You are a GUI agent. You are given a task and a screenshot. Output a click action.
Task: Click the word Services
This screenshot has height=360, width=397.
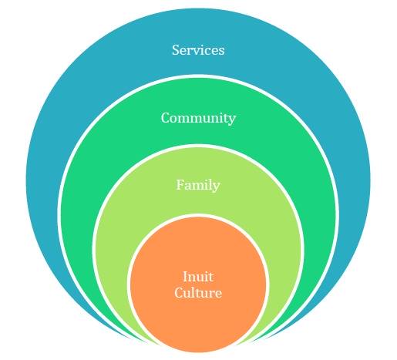[198, 50]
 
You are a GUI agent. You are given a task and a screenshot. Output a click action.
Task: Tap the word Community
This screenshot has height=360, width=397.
[198, 119]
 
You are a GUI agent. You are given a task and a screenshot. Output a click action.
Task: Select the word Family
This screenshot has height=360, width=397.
[198, 185]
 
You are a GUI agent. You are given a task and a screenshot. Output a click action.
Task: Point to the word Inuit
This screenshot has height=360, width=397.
[198, 277]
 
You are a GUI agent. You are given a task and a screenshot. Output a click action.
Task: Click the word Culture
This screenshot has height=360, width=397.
[198, 293]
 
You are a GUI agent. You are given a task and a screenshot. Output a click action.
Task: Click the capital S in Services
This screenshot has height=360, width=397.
[176, 50]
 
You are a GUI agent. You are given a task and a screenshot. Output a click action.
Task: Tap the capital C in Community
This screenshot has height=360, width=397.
[166, 118]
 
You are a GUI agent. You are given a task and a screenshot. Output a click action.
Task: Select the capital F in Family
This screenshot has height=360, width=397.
[180, 185]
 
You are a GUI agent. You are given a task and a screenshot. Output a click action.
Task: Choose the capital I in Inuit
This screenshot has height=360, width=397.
[185, 277]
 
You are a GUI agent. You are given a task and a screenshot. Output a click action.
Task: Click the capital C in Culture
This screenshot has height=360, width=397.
[179, 293]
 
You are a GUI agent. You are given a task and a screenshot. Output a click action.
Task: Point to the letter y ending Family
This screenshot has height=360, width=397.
[217, 187]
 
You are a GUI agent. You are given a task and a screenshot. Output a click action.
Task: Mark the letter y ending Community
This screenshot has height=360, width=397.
[232, 120]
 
